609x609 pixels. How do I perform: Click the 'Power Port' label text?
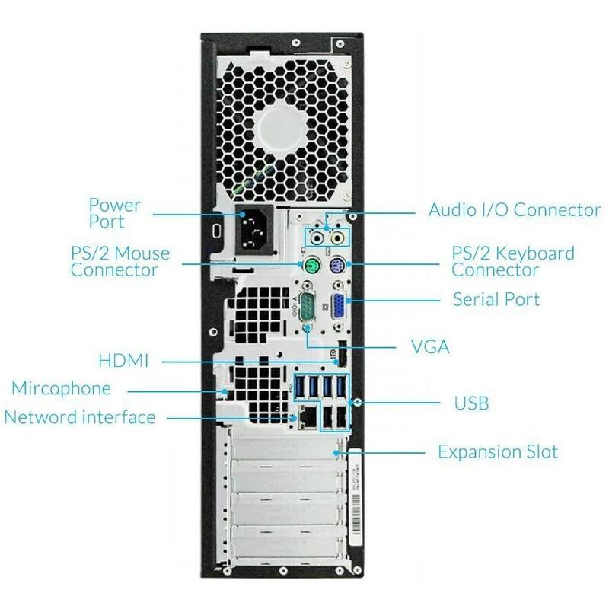point(115,213)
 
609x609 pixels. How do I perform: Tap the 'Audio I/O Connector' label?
point(515,210)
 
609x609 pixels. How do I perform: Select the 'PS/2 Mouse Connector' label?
point(120,262)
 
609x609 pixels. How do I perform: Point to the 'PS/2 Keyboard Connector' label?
point(512,261)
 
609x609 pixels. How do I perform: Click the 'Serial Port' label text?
point(496,299)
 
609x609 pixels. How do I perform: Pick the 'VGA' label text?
point(430,346)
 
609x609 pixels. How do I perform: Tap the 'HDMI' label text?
point(123,360)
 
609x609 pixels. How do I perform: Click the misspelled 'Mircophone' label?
point(62,388)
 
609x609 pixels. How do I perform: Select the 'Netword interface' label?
point(80,417)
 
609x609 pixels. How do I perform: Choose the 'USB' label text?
point(471,403)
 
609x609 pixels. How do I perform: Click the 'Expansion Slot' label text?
point(498,451)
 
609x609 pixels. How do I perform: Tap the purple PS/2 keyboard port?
point(336,266)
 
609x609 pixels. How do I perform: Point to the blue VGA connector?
point(337,307)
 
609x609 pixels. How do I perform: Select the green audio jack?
point(318,238)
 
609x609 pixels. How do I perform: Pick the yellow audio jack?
point(337,238)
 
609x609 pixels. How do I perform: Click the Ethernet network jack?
point(308,417)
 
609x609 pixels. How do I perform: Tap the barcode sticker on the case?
point(355,497)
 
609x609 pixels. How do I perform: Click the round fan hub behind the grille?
point(282,131)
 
